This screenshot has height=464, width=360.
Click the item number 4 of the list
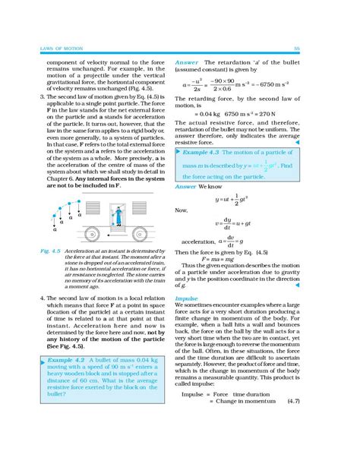point(20,299)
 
